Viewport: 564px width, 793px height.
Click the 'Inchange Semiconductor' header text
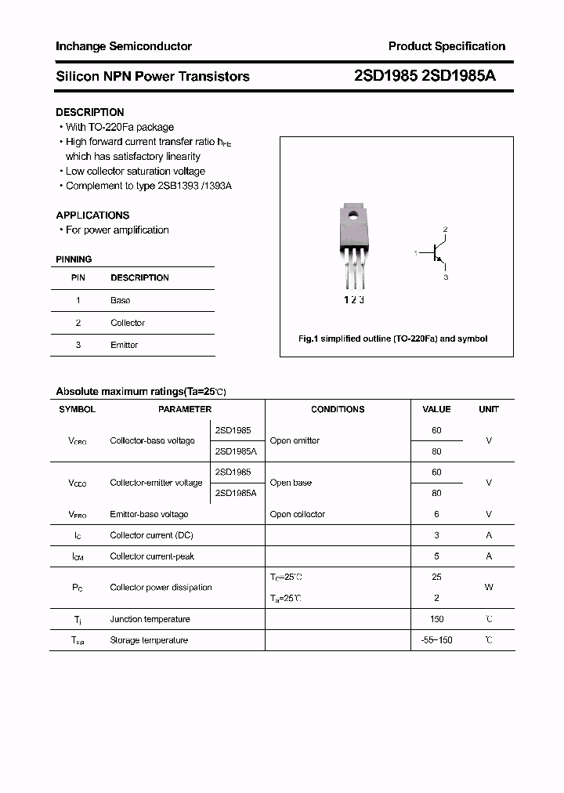point(123,46)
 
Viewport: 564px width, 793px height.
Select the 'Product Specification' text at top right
point(446,46)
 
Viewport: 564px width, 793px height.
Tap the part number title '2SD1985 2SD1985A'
point(425,76)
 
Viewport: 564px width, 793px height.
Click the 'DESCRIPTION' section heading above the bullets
point(90,112)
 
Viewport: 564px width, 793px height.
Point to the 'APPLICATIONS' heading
point(92,215)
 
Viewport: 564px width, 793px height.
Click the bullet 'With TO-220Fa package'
point(119,127)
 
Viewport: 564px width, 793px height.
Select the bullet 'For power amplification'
point(117,230)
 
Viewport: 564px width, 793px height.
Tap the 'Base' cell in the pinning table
point(120,300)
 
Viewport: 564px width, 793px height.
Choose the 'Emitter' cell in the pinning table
point(124,345)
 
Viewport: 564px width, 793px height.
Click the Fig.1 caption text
point(392,339)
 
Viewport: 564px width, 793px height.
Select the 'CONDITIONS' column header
point(338,409)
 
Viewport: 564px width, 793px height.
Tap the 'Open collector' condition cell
point(297,514)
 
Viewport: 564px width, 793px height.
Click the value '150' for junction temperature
point(436,619)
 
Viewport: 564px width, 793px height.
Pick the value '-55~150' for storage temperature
point(436,640)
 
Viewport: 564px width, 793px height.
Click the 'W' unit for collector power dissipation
point(488,587)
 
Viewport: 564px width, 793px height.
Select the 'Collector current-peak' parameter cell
point(152,556)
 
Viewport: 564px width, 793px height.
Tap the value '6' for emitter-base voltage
point(436,514)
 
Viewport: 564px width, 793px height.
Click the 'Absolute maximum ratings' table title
point(140,391)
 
